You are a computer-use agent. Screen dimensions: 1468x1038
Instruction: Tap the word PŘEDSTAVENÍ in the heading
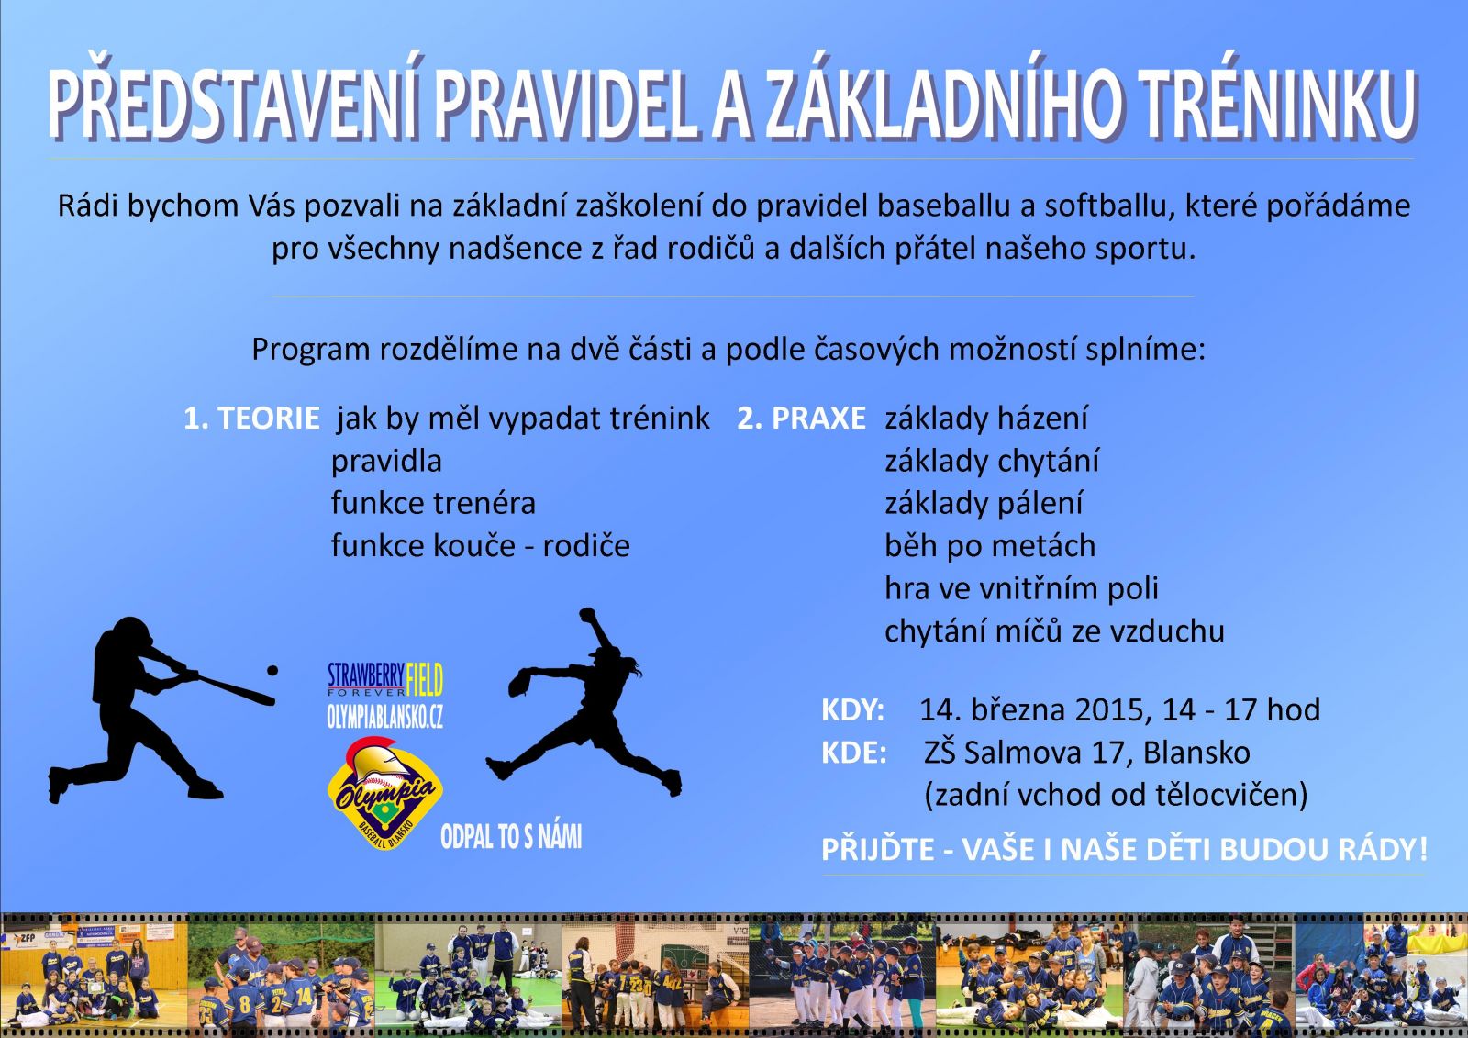[232, 98]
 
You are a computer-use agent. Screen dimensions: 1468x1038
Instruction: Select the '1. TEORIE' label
[251, 419]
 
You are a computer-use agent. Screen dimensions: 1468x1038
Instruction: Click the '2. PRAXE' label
[802, 419]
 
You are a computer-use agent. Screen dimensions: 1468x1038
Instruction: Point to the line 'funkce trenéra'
[433, 504]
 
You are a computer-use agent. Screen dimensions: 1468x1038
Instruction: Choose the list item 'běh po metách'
[990, 546]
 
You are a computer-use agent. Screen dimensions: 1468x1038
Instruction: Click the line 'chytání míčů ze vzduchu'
[1054, 631]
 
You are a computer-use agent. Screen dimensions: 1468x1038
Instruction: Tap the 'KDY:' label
[853, 710]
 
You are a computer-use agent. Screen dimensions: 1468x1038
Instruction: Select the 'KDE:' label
[854, 753]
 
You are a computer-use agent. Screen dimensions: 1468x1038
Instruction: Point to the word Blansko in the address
[1196, 753]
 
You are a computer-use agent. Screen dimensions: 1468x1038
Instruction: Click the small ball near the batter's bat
[272, 671]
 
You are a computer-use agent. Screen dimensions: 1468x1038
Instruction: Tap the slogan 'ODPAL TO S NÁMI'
[511, 837]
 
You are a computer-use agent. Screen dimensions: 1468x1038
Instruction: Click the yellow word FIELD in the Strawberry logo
[425, 679]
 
